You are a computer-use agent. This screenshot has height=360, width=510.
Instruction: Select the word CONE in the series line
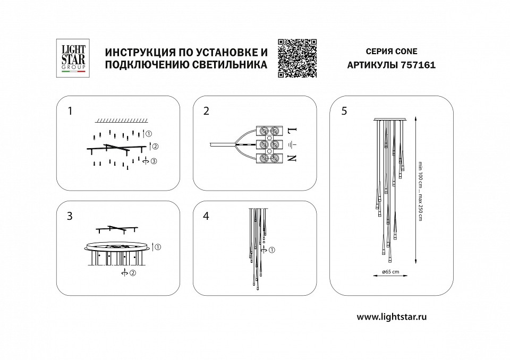pyautogui.click(x=406, y=52)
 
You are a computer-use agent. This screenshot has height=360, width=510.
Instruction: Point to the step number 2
pyautogui.click(x=206, y=111)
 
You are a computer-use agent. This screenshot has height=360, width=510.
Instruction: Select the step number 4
pyautogui.click(x=206, y=216)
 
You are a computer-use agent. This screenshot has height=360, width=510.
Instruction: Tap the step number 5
pyautogui.click(x=344, y=111)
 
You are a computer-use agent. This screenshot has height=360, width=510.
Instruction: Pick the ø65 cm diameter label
pyautogui.click(x=390, y=272)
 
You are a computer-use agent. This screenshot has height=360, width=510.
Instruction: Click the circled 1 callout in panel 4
pyautogui.click(x=272, y=250)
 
